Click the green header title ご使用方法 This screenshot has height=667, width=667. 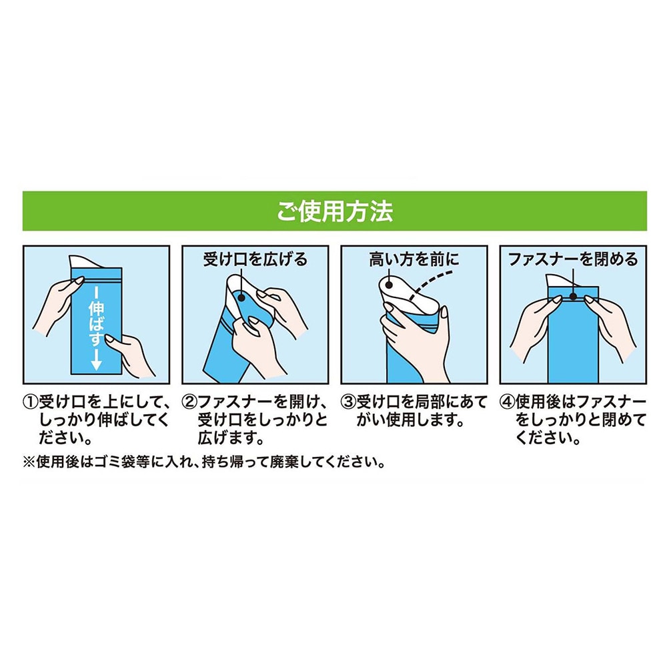pos(335,211)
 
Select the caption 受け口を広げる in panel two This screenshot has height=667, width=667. pos(255,259)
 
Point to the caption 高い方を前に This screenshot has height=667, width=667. pos(414,259)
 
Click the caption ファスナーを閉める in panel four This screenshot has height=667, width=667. pos(573,259)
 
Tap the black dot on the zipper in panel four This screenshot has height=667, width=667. pos(574,297)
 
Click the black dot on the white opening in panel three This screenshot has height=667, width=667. pos(388,285)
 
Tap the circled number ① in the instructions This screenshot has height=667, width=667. pos(30,402)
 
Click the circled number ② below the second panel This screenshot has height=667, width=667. pos(189,402)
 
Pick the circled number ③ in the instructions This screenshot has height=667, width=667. pos(348,402)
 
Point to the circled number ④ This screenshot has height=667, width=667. pos(508,402)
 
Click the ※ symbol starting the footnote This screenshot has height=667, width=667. pos(29,462)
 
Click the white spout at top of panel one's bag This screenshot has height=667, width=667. pos(83,261)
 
